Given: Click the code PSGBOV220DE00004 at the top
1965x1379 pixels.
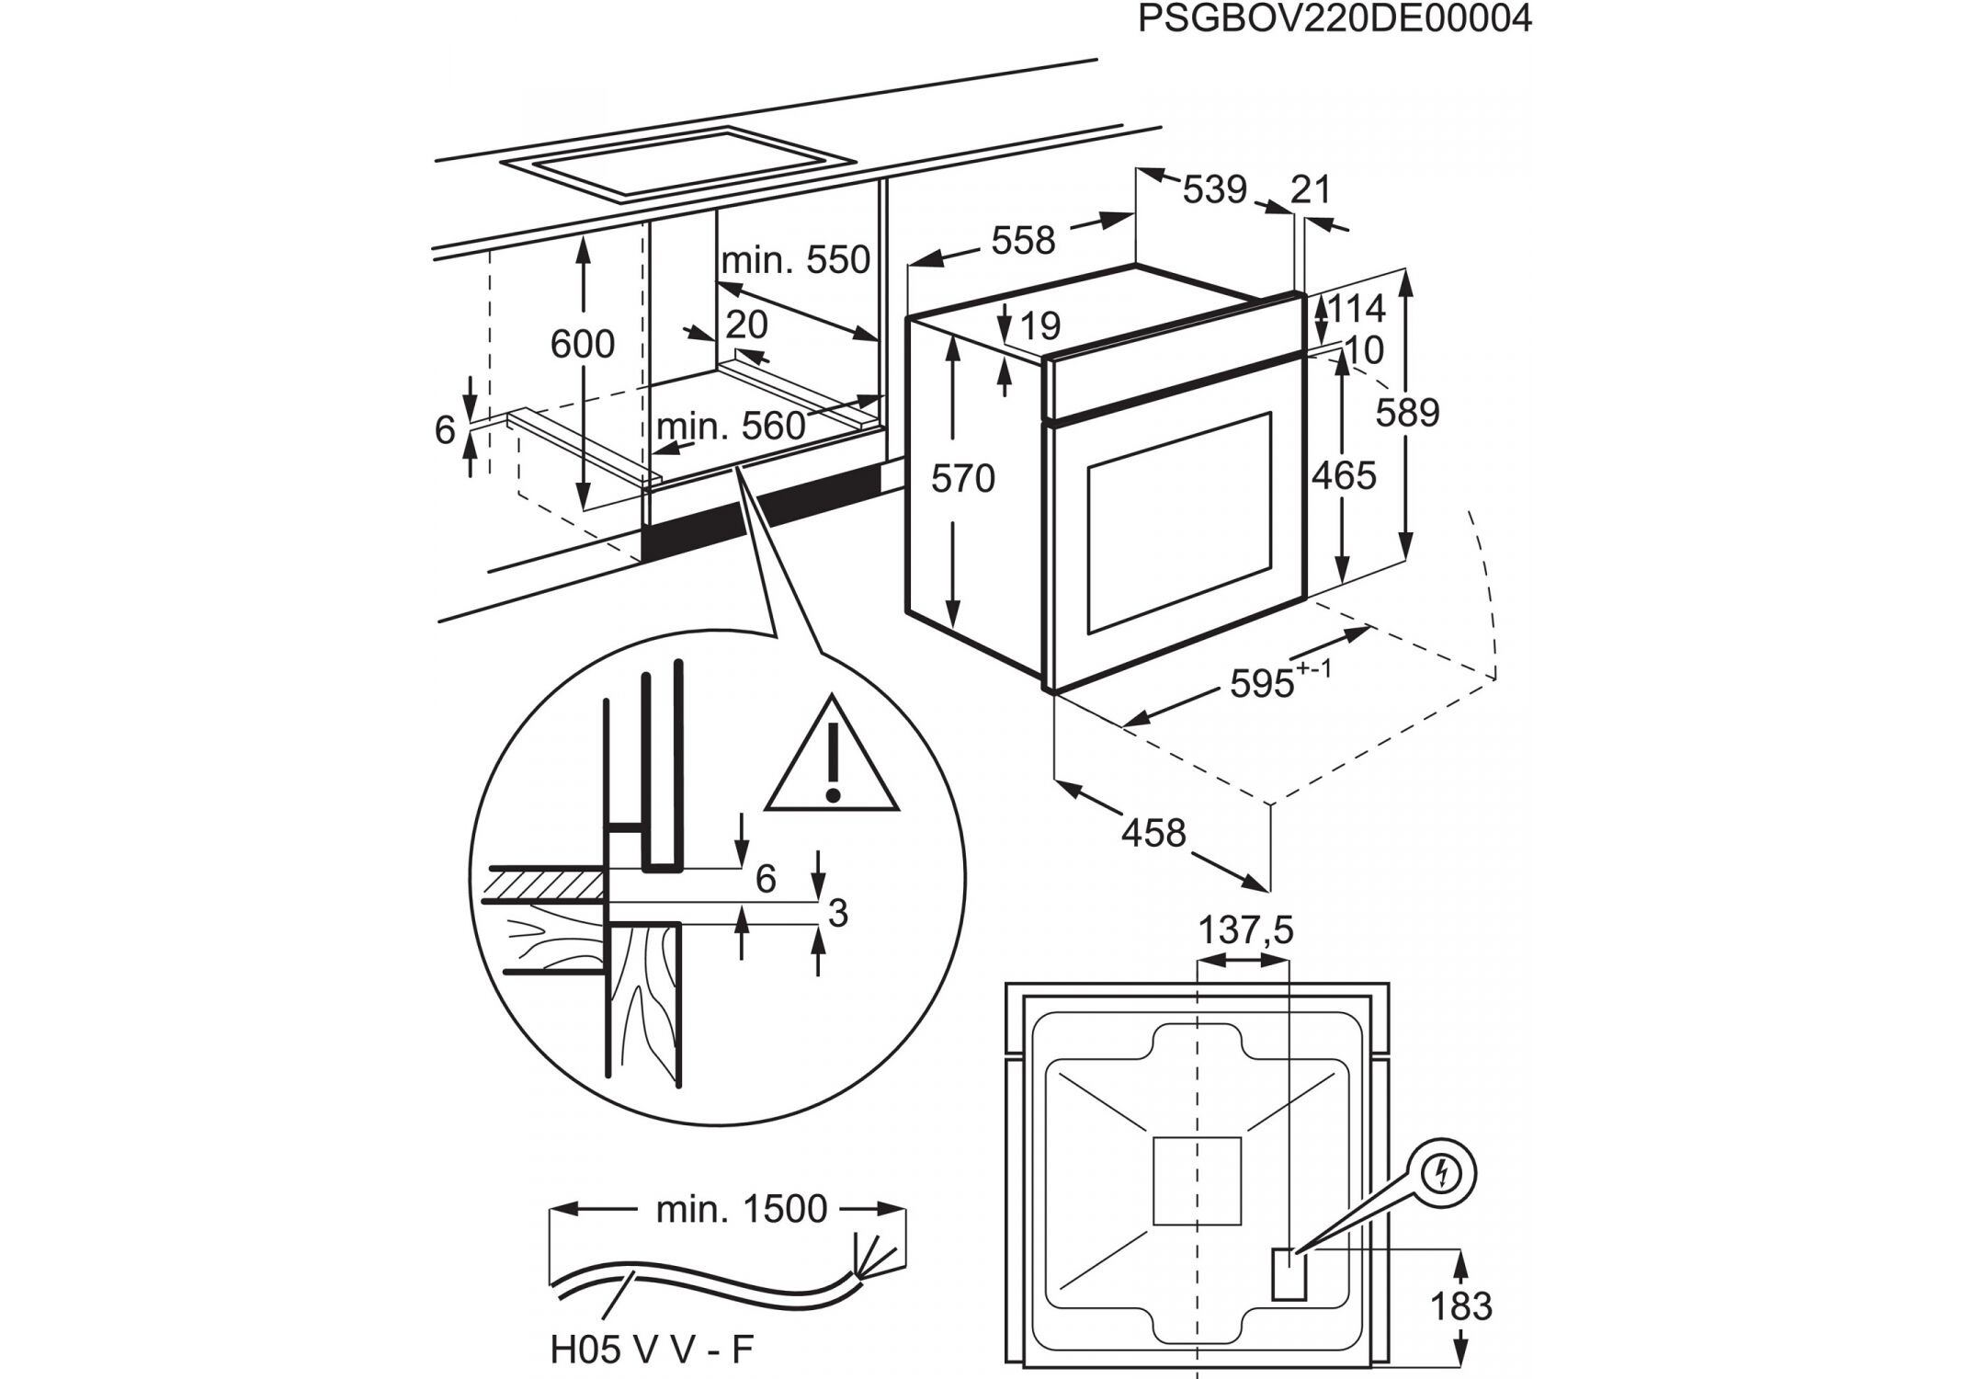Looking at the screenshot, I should [x=1335, y=18].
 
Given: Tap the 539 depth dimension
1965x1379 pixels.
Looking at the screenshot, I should [x=1214, y=190].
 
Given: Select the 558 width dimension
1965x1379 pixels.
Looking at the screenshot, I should [x=1023, y=241].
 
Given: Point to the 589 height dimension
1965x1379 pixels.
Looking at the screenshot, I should [x=1407, y=413].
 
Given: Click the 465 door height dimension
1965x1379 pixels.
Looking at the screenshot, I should [x=1343, y=476].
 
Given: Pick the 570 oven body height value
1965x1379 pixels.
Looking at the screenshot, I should [x=962, y=479].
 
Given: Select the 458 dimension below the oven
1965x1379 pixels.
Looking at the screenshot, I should [x=1153, y=833].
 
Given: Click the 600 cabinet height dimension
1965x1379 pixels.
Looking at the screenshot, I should [x=582, y=345].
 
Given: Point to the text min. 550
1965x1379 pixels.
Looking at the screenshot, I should [x=795, y=261].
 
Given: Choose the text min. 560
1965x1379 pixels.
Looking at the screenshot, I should [x=731, y=427].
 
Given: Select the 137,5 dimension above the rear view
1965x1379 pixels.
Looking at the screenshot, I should [x=1245, y=931].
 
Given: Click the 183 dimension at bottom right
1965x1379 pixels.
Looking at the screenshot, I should [x=1461, y=1306].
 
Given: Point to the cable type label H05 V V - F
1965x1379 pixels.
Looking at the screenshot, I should [x=652, y=1350].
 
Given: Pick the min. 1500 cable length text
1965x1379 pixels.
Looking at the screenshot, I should [x=741, y=1210].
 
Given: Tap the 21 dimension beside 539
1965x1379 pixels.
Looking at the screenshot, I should [x=1311, y=189].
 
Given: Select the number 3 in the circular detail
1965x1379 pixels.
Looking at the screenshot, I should [x=837, y=914].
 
